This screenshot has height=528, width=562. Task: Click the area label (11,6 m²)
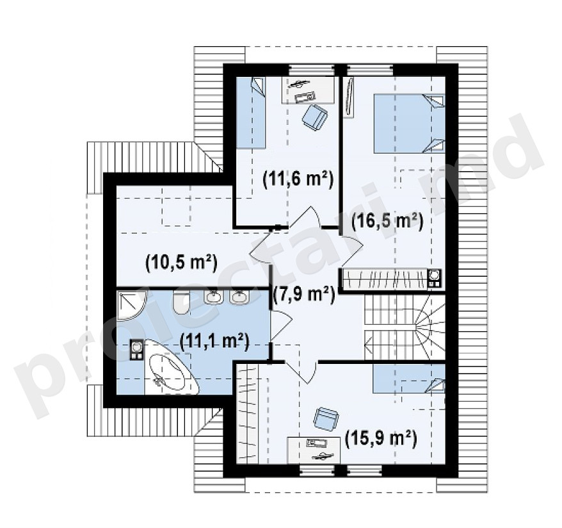click(x=298, y=179)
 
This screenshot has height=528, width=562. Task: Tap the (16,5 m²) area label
click(x=387, y=222)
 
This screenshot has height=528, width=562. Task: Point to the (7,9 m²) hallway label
click(x=303, y=295)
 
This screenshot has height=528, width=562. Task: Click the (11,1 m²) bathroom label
click(x=214, y=342)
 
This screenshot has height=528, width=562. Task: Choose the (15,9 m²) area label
click(x=380, y=439)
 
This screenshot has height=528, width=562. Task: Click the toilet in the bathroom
click(x=181, y=302)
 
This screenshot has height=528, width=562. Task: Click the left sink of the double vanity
click(x=214, y=297)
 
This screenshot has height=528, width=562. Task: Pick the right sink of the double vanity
click(x=239, y=297)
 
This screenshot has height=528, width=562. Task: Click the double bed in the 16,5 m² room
click(x=409, y=124)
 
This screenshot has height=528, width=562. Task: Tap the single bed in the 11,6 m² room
click(x=251, y=112)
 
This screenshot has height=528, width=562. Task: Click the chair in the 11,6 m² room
click(x=315, y=116)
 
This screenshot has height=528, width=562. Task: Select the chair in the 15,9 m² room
click(x=325, y=418)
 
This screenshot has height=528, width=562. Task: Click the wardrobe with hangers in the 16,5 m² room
click(x=385, y=279)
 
